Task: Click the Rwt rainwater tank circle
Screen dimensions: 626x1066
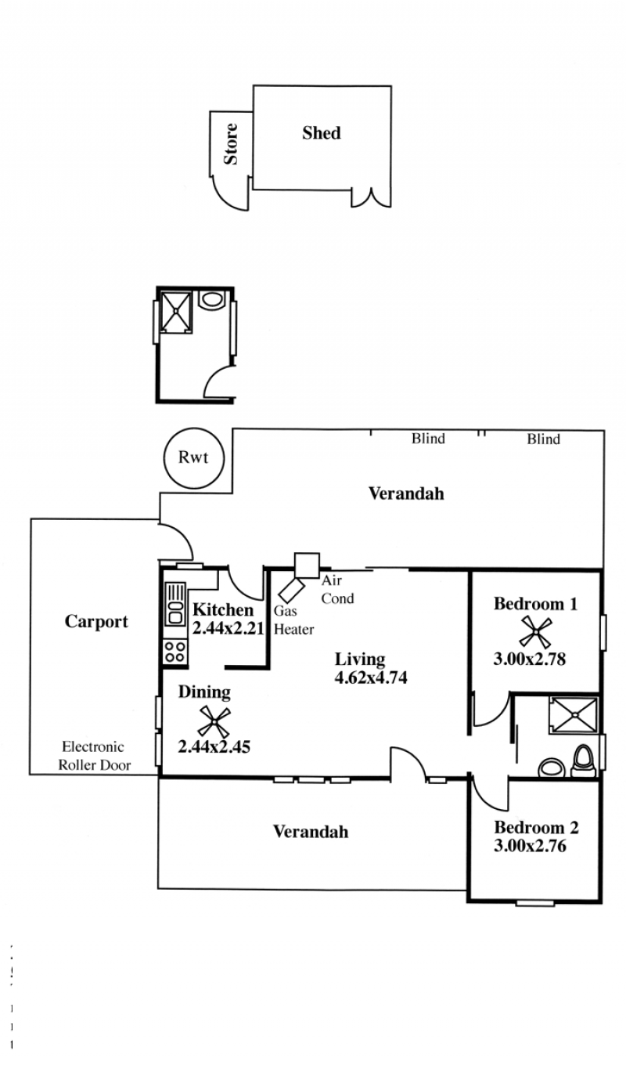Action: (x=164, y=458)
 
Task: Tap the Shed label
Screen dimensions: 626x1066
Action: (x=322, y=133)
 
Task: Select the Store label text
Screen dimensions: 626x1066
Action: (x=231, y=143)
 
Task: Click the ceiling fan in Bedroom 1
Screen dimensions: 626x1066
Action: (x=535, y=631)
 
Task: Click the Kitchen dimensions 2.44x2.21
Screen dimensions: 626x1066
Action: (x=228, y=628)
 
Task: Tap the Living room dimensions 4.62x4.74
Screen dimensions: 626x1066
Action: (x=371, y=678)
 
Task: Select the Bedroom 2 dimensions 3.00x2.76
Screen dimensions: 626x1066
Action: (x=530, y=846)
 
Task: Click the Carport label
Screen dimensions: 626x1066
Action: (x=96, y=622)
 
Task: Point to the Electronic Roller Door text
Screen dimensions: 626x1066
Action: (x=94, y=756)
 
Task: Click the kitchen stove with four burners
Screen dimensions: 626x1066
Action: (x=174, y=652)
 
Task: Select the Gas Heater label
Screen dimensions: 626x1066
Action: (x=293, y=620)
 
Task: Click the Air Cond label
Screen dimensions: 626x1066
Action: (x=337, y=589)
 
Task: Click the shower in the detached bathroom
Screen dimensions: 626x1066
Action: (x=176, y=312)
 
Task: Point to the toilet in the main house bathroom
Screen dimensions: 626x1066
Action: (x=583, y=761)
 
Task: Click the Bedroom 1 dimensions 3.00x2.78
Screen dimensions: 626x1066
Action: (x=530, y=659)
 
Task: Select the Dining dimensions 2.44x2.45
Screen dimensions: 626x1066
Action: (x=214, y=746)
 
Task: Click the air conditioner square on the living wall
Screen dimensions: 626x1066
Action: (x=307, y=566)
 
